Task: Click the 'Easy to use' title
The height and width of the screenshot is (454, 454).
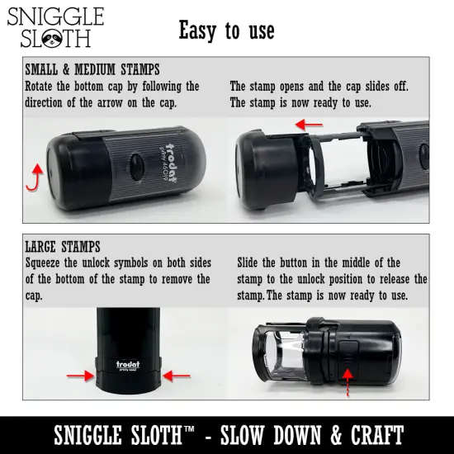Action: click(226, 31)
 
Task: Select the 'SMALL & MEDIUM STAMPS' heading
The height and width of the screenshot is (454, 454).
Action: click(92, 69)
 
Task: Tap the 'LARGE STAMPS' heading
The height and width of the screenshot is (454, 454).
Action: click(63, 246)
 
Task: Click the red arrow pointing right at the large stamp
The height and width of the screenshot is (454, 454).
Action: click(81, 376)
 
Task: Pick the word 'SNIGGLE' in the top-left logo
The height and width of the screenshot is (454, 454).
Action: click(56, 17)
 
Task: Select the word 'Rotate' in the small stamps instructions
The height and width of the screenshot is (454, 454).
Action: click(41, 86)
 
